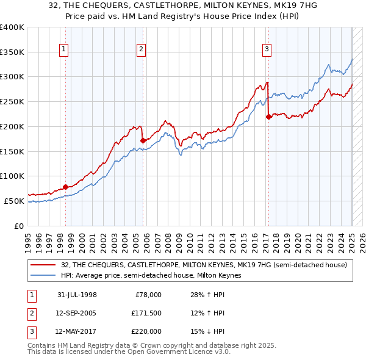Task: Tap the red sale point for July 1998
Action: tap(66, 187)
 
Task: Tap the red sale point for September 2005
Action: tap(143, 140)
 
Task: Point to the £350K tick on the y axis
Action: tap(13, 52)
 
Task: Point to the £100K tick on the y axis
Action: tap(13, 176)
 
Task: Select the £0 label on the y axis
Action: tap(18, 226)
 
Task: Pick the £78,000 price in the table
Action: tap(148, 295)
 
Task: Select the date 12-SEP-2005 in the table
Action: tap(76, 313)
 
